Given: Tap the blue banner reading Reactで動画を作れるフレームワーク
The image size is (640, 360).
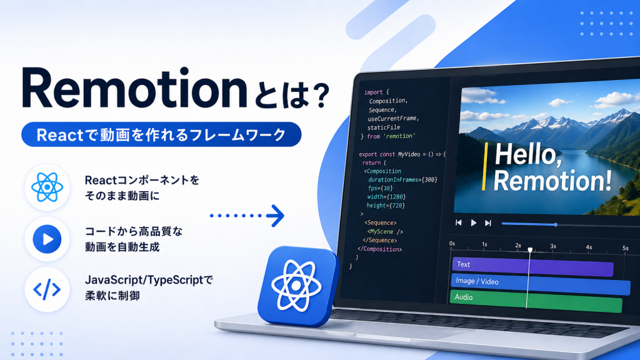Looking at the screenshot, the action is (x=161, y=134).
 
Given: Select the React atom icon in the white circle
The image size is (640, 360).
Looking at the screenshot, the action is (x=47, y=187).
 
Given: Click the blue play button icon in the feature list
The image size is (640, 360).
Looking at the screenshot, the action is (x=47, y=239).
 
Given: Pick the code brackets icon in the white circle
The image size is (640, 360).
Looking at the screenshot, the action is (x=47, y=289).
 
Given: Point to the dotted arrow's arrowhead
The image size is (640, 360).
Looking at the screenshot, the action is (x=276, y=216).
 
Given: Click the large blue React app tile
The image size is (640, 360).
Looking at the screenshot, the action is (x=298, y=286).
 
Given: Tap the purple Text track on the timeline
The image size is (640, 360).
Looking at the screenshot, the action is (x=532, y=266).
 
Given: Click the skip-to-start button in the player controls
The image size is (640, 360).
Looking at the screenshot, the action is (x=458, y=223).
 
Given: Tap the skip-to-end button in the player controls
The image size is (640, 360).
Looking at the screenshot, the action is (x=487, y=223).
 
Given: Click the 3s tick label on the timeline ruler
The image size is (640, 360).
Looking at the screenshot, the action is (x=553, y=246).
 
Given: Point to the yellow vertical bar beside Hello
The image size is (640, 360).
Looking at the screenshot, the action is (x=484, y=166).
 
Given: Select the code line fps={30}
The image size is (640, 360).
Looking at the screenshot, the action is (x=380, y=188).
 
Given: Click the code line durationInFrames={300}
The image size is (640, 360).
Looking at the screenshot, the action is (x=402, y=179).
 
